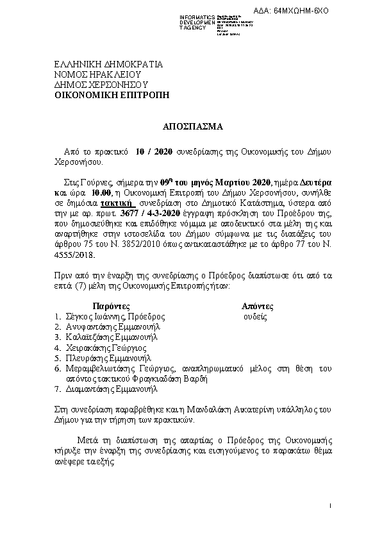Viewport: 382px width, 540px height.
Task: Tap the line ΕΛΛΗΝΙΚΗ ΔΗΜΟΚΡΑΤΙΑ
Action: click(x=108, y=65)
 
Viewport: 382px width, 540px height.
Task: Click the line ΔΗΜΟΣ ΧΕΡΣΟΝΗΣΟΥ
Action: click(x=101, y=84)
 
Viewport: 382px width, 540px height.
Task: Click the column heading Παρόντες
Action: click(x=112, y=307)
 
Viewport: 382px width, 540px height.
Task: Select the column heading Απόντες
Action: click(x=257, y=307)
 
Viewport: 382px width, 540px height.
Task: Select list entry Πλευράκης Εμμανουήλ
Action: click(x=104, y=358)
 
